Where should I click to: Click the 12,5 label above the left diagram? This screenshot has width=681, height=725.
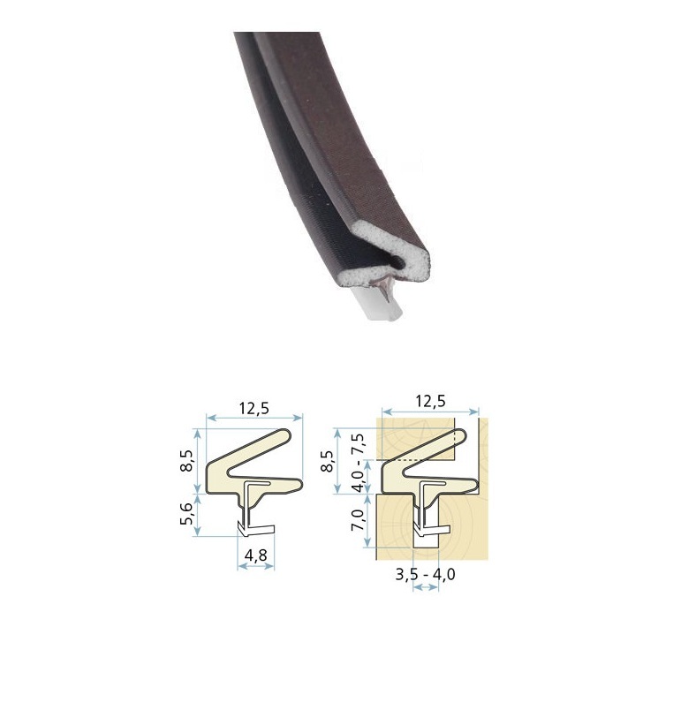pos(253,408)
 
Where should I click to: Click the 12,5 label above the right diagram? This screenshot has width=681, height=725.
pos(430,400)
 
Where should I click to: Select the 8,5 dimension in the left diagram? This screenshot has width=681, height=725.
pos(186,461)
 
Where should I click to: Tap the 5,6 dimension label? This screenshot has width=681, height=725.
pos(186,514)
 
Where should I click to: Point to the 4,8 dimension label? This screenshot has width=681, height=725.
pos(255,555)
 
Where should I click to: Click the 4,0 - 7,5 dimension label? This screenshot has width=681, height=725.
pos(359,464)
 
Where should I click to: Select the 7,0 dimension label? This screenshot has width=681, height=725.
pos(359,520)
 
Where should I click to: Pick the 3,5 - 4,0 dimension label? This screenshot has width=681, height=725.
pos(425,574)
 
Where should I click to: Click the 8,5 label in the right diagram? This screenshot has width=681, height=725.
pos(328,461)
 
